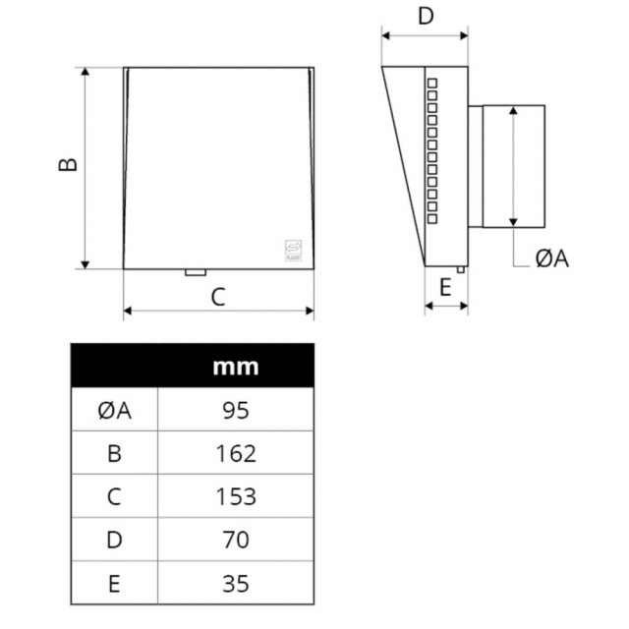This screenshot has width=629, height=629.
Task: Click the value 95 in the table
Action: (x=236, y=411)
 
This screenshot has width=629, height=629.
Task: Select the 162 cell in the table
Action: (x=236, y=454)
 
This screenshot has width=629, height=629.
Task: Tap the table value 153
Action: (x=236, y=496)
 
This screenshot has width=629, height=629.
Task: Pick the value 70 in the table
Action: (x=236, y=540)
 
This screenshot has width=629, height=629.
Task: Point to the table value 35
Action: (x=236, y=583)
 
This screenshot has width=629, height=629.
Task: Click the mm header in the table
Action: (x=236, y=367)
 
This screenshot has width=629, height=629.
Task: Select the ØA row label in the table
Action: (x=114, y=411)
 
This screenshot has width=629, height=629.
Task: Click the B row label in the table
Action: (x=114, y=454)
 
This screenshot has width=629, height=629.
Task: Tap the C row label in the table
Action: (x=114, y=496)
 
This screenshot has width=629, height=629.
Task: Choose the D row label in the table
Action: (x=114, y=540)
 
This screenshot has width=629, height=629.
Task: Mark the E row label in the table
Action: (x=114, y=583)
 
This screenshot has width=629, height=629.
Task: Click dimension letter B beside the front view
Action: (x=68, y=164)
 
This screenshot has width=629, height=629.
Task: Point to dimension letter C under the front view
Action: (x=218, y=297)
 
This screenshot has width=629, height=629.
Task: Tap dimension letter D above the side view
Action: (x=426, y=16)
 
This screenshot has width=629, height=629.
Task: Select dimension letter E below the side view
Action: (x=445, y=287)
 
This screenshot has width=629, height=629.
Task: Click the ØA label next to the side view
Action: (x=552, y=258)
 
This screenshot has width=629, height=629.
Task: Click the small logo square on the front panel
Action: (x=293, y=251)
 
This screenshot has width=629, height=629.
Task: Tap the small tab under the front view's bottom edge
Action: (x=196, y=272)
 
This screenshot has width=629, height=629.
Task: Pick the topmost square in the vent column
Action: (x=432, y=83)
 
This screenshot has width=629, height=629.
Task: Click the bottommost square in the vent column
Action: (x=432, y=219)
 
